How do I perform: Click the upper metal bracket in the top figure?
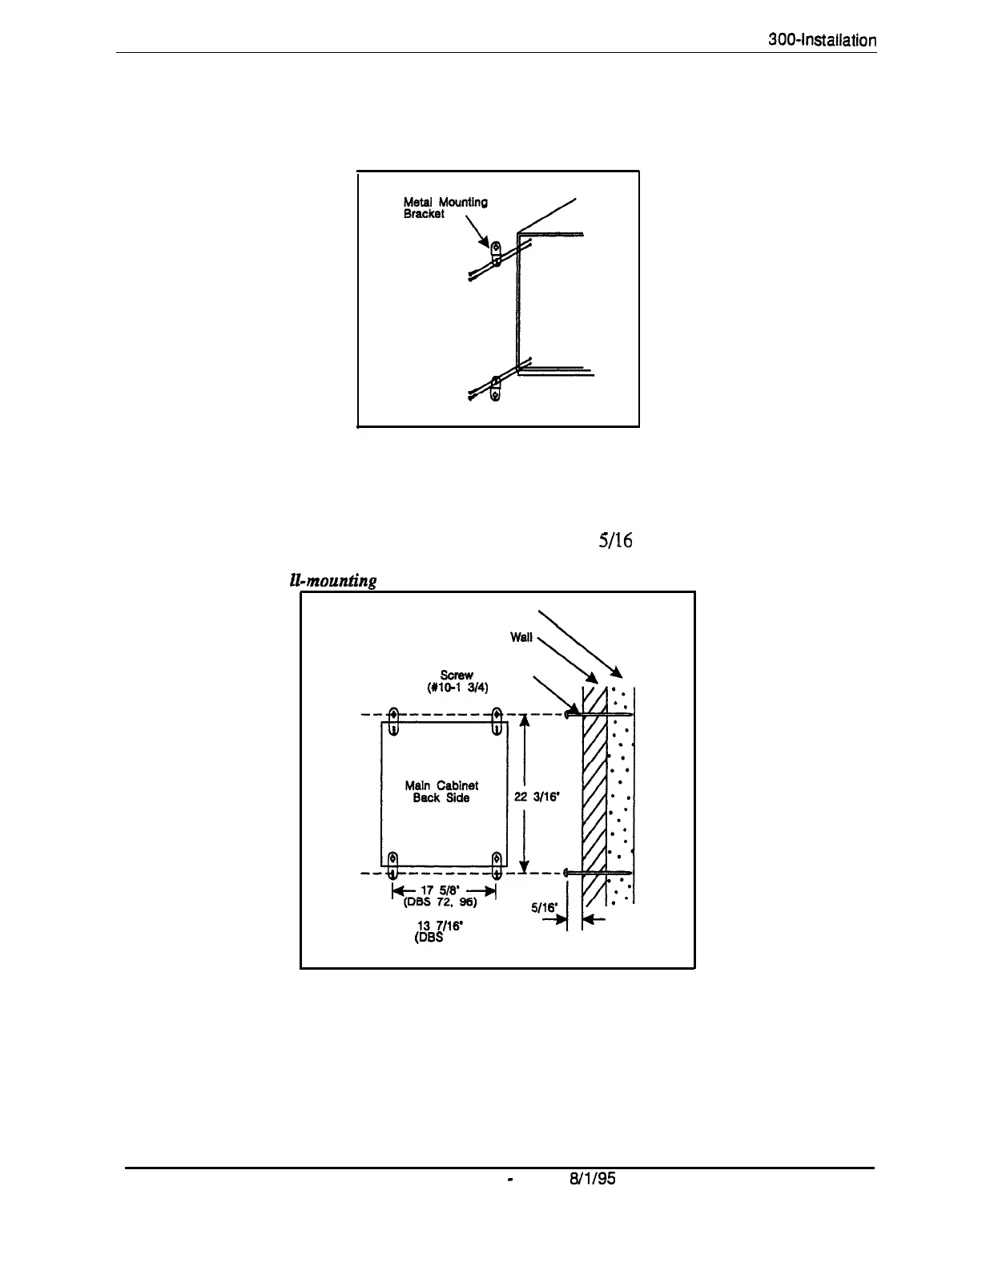click(497, 254)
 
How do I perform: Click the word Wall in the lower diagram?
click(521, 638)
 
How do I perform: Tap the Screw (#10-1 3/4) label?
click(453, 681)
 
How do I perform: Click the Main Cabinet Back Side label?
click(442, 792)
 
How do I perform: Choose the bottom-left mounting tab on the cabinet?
click(392, 866)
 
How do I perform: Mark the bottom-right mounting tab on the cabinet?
click(497, 866)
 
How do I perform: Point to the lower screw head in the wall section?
click(566, 872)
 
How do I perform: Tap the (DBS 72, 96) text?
click(444, 902)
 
